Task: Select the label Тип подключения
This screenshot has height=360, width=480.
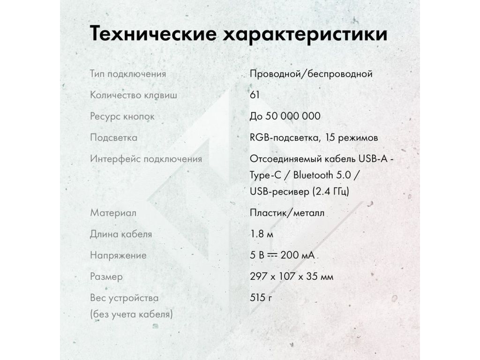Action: coord(128,74)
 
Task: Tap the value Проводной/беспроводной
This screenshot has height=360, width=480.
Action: coord(311,74)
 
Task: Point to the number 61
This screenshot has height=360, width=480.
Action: coord(255,95)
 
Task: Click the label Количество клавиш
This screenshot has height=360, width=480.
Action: coord(134,95)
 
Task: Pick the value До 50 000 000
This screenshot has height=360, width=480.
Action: coord(285,116)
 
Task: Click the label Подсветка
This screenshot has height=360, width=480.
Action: coord(113,138)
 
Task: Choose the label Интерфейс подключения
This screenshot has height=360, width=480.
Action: coord(146,159)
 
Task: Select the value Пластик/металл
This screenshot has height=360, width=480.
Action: coord(287,213)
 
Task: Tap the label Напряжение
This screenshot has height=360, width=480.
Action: coord(118,255)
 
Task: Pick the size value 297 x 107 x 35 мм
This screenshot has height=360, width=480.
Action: coord(292,277)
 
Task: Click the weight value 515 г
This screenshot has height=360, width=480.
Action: coord(261,298)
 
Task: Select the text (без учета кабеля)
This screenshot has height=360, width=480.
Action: coord(131,314)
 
